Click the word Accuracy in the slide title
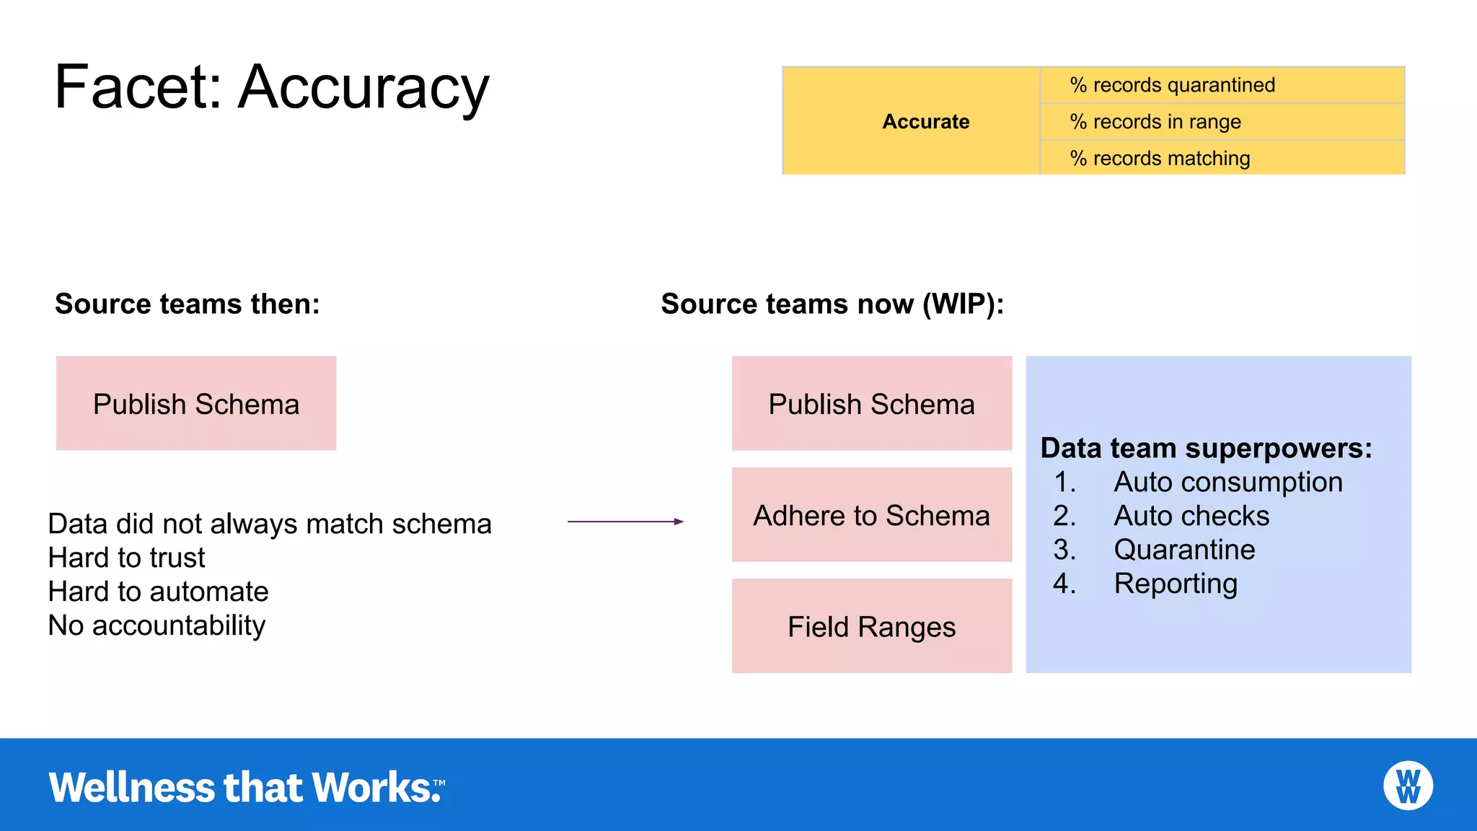(363, 88)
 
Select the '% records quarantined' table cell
(1222, 85)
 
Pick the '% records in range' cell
(1222, 122)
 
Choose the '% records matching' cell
(1222, 158)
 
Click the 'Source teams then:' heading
(188, 304)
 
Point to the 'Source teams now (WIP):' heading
(832, 304)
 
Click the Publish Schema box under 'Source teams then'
(196, 403)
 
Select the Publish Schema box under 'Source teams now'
(871, 403)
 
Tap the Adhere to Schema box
(871, 515)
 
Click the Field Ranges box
(871, 626)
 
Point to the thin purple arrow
(625, 521)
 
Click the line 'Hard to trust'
(127, 558)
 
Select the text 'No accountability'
(156, 625)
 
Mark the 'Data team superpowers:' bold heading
(1206, 448)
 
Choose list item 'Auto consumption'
(1227, 482)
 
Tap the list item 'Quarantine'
(1184, 550)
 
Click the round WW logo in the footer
(1408, 786)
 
